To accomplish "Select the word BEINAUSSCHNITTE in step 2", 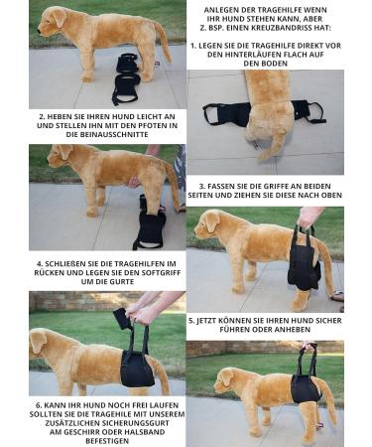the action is pos(114,134).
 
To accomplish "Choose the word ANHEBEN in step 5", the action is pos(294,330).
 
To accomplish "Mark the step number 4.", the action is pos(40,264).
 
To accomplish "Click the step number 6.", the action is pos(39,405).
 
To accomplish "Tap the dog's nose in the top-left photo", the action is pos(40,32).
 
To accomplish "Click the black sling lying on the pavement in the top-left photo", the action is pos(126,78).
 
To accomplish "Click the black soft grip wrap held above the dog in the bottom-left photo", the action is pos(122,319).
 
